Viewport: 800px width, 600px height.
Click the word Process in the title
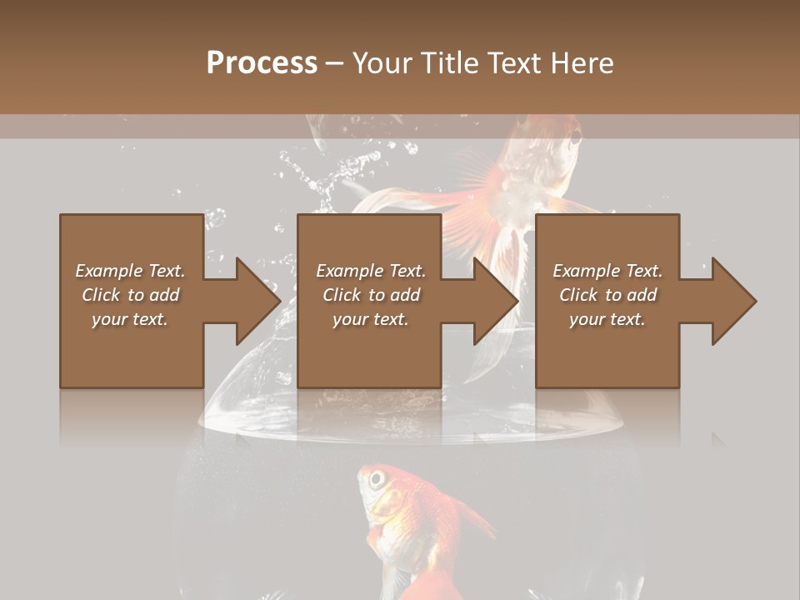[262, 62]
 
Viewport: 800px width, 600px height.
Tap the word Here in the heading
[580, 62]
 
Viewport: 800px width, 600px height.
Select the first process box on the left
[132, 350]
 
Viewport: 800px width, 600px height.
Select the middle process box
[369, 350]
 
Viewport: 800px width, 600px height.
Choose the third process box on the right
[607, 350]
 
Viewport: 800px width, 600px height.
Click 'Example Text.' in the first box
[130, 271]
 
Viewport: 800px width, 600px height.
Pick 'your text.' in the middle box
[370, 319]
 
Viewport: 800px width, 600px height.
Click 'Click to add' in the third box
[607, 295]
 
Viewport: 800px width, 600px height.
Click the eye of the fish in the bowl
[377, 480]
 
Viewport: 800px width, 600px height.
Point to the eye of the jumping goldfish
[576, 138]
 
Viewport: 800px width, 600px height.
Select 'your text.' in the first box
[130, 319]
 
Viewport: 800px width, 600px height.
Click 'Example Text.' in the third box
[607, 271]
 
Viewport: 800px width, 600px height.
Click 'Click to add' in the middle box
[370, 295]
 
